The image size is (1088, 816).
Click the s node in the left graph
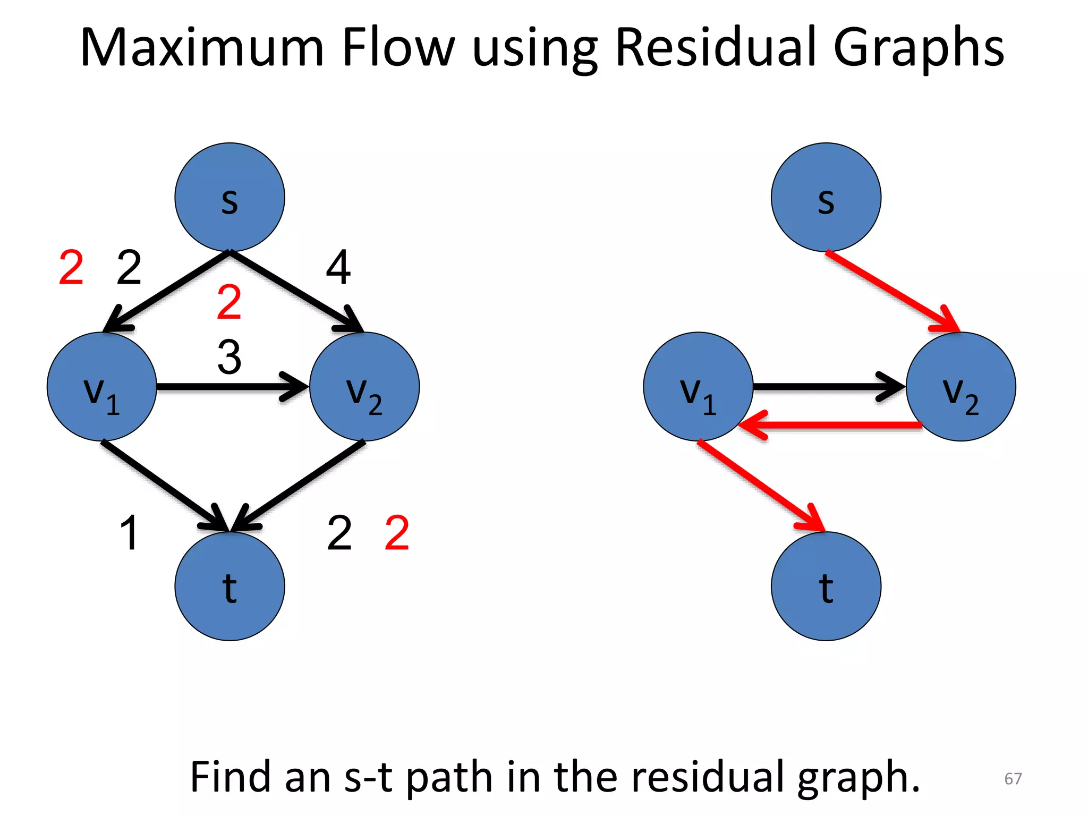[x=229, y=197]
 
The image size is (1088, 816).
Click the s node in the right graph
[x=826, y=197]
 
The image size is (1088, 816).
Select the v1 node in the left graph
[x=101, y=387]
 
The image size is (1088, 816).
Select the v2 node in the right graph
[x=960, y=387]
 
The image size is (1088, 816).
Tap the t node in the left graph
[x=229, y=586]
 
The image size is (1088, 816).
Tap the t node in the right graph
[x=826, y=586]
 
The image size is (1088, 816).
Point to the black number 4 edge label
[x=338, y=268]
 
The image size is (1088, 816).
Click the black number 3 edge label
[x=229, y=357]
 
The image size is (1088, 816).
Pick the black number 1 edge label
[x=129, y=532]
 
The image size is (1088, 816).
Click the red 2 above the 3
[x=229, y=302]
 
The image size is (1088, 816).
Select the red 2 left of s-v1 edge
[x=71, y=268]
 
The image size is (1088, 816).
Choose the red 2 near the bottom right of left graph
[x=397, y=532]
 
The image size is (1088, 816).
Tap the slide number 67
[x=1013, y=778]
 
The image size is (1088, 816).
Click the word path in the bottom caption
[x=450, y=777]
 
